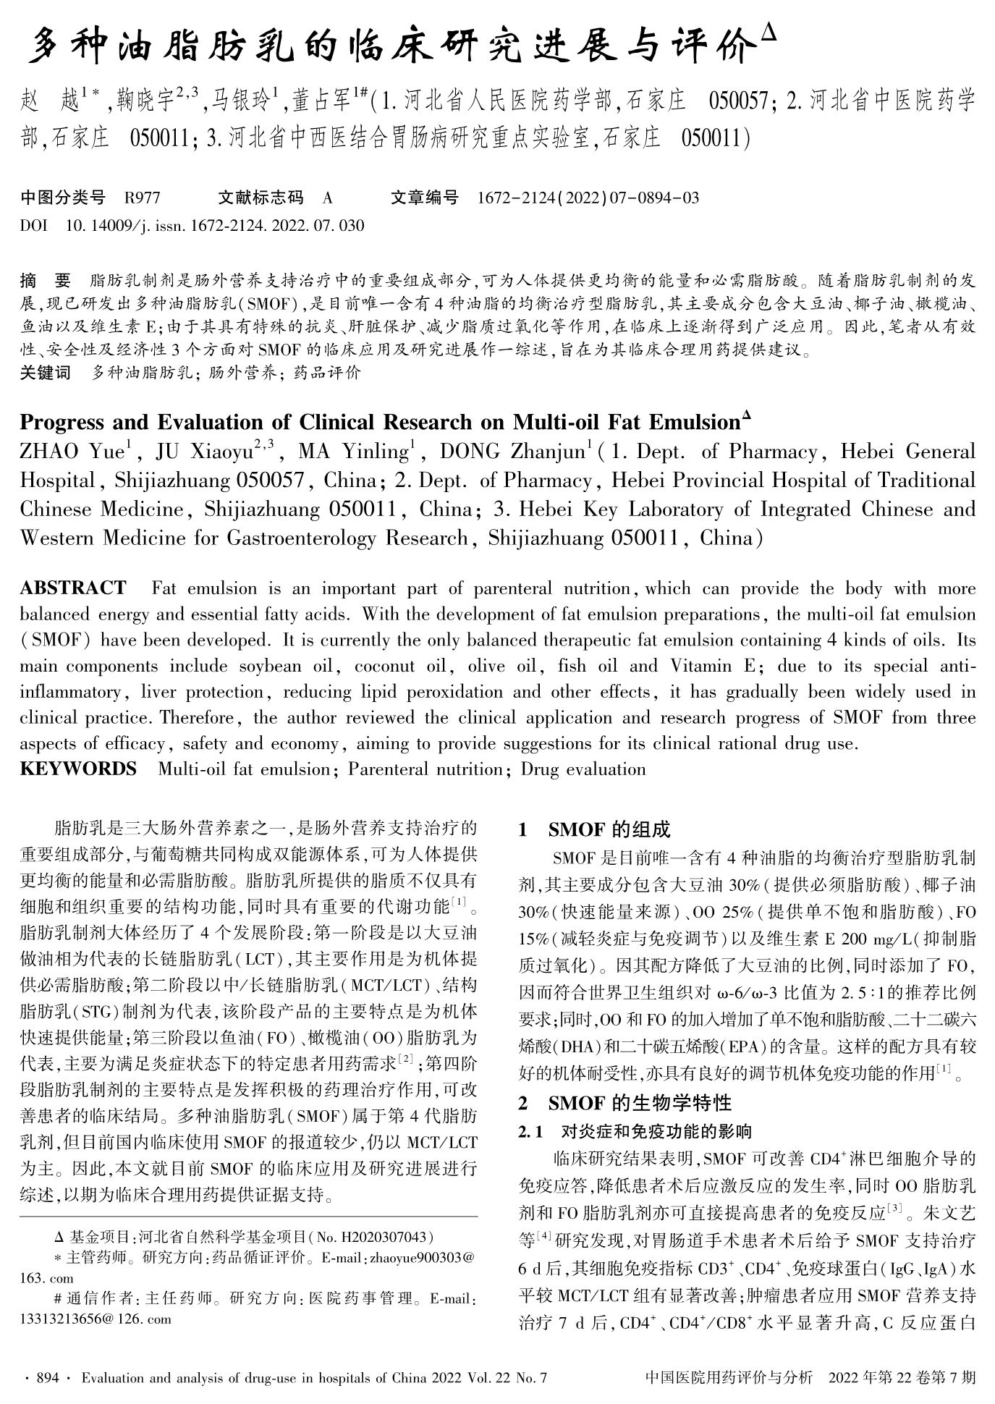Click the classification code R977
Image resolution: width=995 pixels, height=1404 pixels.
(143, 198)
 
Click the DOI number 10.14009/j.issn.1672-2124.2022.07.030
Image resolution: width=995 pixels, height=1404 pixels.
(215, 226)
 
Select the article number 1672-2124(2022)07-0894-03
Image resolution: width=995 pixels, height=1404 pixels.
(588, 198)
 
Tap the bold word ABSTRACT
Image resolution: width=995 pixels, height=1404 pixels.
(72, 588)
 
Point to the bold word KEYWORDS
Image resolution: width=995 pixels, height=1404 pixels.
(78, 769)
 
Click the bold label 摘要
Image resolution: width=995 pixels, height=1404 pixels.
(46, 281)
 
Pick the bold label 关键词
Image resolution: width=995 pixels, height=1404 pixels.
(46, 373)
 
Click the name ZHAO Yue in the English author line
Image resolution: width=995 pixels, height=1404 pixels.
(72, 453)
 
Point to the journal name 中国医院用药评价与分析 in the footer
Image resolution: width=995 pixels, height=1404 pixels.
(728, 1379)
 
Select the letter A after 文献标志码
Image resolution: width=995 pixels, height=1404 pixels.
(328, 198)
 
